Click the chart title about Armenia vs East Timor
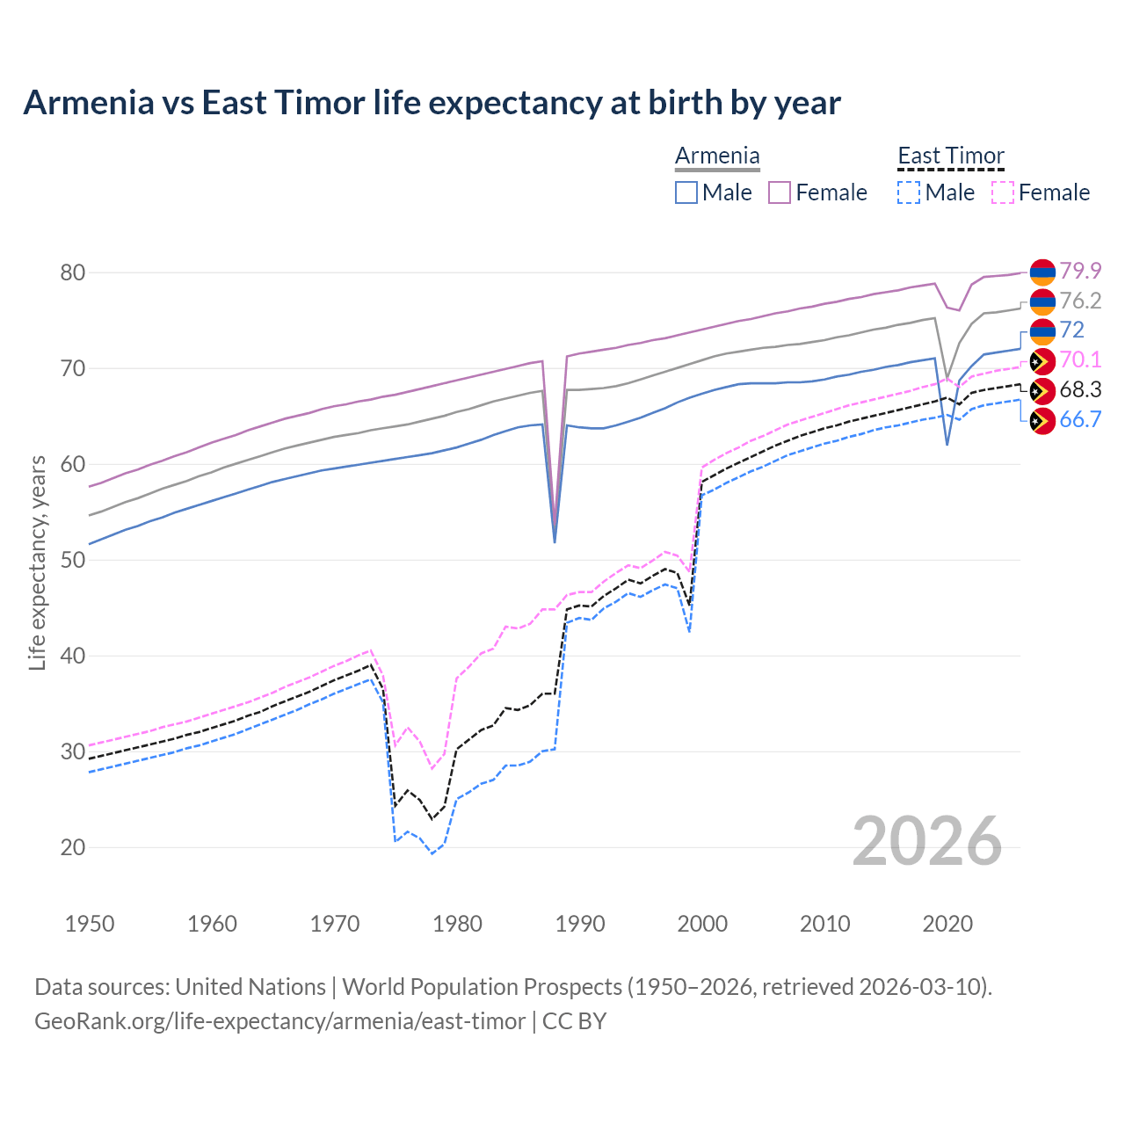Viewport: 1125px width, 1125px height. [x=432, y=103]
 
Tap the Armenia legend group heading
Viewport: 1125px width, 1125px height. [x=717, y=156]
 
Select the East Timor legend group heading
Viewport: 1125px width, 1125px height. [x=950, y=156]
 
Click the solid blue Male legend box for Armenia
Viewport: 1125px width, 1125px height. [x=686, y=192]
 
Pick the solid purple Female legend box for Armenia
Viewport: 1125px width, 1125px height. [x=780, y=192]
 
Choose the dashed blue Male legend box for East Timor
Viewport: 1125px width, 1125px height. [x=909, y=192]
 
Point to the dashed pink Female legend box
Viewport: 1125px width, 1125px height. [x=1003, y=192]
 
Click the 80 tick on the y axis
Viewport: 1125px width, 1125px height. [x=73, y=272]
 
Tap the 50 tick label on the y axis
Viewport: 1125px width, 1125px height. [x=73, y=560]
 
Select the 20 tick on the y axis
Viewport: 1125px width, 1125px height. [x=73, y=847]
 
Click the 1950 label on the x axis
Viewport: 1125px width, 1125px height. [x=90, y=924]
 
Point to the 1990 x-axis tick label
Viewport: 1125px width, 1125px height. [x=580, y=924]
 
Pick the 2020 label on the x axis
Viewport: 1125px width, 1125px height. [x=947, y=924]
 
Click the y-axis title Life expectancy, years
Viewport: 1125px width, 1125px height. [x=37, y=562]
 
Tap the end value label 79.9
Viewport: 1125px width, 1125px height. [x=1080, y=271]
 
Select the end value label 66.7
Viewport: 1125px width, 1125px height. [x=1080, y=419]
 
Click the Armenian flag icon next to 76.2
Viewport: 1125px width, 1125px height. [x=1042, y=301]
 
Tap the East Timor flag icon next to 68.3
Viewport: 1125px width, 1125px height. [x=1042, y=391]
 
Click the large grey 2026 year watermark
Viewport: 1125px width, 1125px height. [x=926, y=841]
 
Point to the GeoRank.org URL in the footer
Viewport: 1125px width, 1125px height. [x=279, y=1021]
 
